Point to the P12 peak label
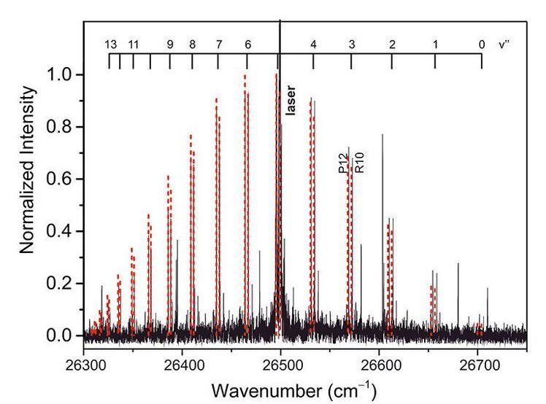(x=343, y=163)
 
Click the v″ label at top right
(x=504, y=44)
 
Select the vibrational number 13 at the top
(x=110, y=44)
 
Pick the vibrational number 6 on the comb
(x=248, y=44)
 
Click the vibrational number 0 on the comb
(x=482, y=44)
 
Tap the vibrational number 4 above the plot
(x=313, y=44)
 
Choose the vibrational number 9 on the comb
(x=170, y=44)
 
